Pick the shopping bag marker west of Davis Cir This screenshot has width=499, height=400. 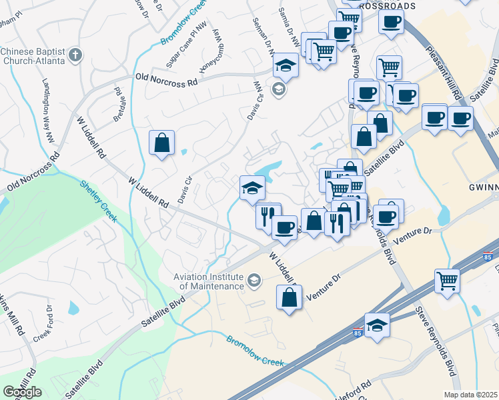click(x=161, y=143)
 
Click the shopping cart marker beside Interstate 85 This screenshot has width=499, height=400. click(x=447, y=280)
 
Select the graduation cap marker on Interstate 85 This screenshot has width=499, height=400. click(x=377, y=326)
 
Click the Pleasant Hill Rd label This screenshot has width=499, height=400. click(x=444, y=73)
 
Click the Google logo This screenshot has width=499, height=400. click(x=23, y=391)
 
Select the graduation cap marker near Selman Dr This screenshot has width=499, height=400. click(x=286, y=65)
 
